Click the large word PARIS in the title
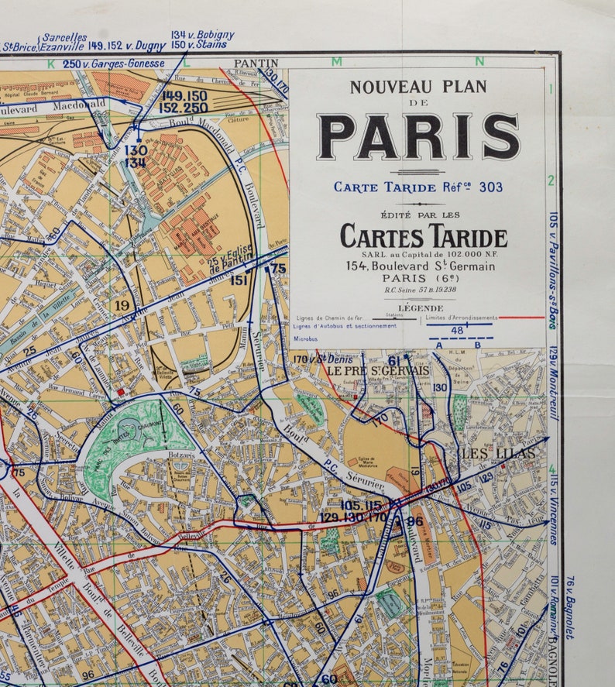click(x=418, y=136)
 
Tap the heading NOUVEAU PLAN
click(x=418, y=87)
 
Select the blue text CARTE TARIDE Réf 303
click(x=418, y=187)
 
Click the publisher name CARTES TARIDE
click(x=424, y=236)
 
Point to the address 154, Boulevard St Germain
click(x=421, y=266)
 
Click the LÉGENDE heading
click(x=421, y=307)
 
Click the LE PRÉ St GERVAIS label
click(x=377, y=370)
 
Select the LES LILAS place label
click(x=490, y=453)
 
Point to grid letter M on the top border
click(x=336, y=61)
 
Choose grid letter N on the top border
click(x=479, y=61)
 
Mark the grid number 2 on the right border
click(x=551, y=180)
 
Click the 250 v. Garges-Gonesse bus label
click(x=114, y=64)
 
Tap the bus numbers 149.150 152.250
click(x=184, y=102)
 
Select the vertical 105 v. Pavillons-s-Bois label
click(x=554, y=270)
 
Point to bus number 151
click(x=239, y=280)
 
